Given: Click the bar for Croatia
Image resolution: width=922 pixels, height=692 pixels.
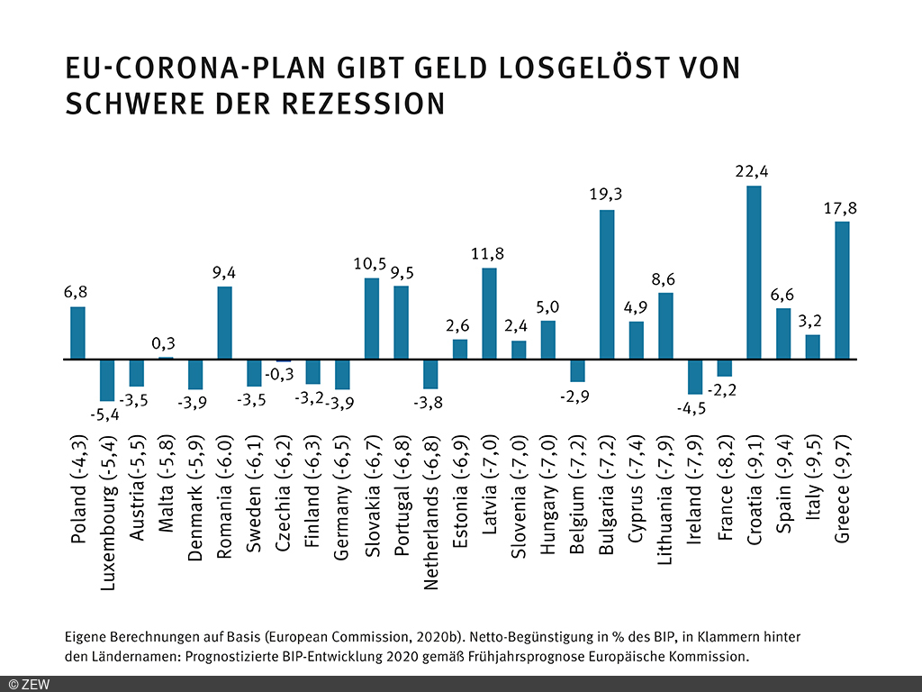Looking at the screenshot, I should pyautogui.click(x=754, y=272).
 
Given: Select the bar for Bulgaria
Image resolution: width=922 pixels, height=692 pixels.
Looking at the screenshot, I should pyautogui.click(x=607, y=285).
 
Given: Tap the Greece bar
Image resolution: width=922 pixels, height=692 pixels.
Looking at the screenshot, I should pyautogui.click(x=842, y=290).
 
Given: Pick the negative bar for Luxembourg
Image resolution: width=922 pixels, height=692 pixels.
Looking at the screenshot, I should pyautogui.click(x=107, y=379).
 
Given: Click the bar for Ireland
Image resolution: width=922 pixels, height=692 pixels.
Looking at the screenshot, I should pyautogui.click(x=694, y=377).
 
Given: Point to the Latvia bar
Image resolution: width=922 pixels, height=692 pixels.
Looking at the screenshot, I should pyautogui.click(x=489, y=314).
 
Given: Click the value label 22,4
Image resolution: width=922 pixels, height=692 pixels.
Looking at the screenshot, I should pyautogui.click(x=754, y=171).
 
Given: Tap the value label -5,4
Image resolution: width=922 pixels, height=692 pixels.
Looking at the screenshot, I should pyautogui.click(x=102, y=415).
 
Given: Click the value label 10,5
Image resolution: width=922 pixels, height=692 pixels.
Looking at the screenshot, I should pyautogui.click(x=371, y=263).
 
